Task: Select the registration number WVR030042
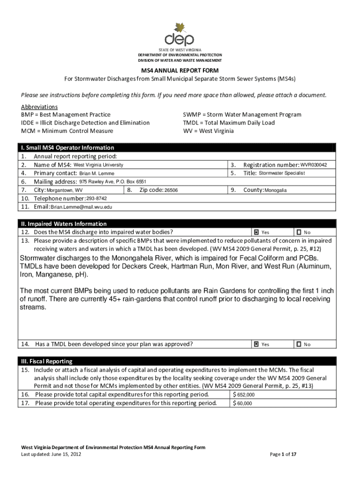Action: pos(314,165)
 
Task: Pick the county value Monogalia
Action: pos(276,190)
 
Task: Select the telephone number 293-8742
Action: pos(94,198)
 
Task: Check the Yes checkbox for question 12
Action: pos(256,232)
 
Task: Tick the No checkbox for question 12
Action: pos(298,232)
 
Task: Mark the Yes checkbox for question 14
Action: pos(256,344)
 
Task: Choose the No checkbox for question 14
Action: pos(298,344)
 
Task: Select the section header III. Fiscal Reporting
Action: pos(46,362)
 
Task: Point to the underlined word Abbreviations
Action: pos(39,107)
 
